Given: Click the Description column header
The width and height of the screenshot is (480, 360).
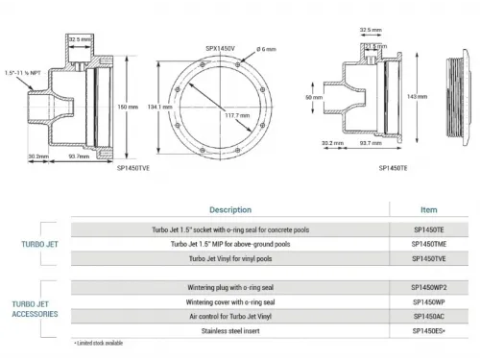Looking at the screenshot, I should (230, 209).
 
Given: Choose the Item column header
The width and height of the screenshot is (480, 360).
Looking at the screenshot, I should (428, 209).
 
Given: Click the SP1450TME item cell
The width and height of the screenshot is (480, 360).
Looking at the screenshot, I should (428, 245).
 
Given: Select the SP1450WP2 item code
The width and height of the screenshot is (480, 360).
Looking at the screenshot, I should (428, 286).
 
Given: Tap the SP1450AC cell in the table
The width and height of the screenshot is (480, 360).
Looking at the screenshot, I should (428, 314).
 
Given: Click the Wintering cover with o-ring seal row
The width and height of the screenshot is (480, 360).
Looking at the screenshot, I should (230, 300).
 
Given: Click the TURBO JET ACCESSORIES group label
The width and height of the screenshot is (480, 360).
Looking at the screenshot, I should (36, 307).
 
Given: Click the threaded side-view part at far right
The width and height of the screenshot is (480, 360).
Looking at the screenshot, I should (461, 96).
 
